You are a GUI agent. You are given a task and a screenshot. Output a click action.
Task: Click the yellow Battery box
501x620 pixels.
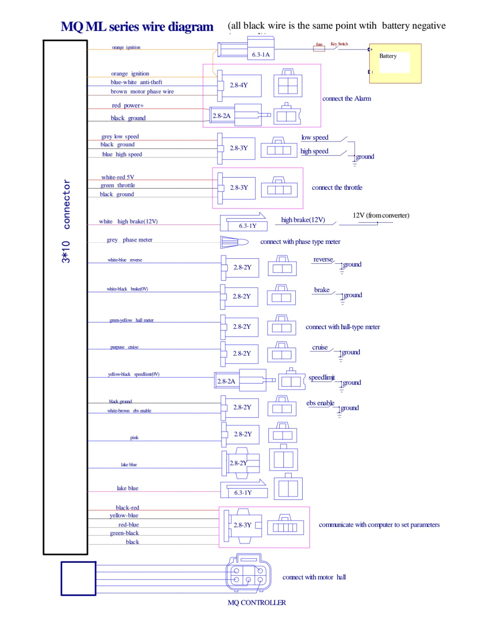(395, 63)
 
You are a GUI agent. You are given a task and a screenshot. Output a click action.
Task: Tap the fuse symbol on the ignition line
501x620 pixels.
(319, 48)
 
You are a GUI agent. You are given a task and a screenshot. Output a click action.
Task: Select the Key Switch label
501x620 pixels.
(339, 44)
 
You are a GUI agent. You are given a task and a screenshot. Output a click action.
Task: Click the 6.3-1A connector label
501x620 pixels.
(260, 54)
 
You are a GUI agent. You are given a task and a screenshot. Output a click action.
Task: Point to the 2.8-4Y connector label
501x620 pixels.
(239, 85)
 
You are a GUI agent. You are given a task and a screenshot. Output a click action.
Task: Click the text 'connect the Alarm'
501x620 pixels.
(347, 98)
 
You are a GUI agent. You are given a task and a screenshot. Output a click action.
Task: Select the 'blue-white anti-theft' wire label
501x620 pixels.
(136, 82)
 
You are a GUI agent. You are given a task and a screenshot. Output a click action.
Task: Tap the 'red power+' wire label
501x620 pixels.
(128, 106)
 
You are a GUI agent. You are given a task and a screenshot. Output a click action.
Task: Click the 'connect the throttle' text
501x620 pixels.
(337, 187)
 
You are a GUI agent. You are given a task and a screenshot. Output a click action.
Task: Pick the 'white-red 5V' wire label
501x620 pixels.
(118, 177)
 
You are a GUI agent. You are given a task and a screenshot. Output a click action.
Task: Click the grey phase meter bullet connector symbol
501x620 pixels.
(234, 242)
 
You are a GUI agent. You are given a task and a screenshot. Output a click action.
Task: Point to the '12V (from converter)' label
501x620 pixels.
(381, 215)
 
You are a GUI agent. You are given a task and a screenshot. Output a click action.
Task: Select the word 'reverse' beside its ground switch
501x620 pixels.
(323, 259)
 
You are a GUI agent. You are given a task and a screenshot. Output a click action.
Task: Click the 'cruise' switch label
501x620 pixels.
(320, 347)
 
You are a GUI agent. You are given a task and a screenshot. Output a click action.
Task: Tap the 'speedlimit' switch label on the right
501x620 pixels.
(321, 377)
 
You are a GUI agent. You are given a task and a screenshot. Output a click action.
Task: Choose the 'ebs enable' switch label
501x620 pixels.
(320, 403)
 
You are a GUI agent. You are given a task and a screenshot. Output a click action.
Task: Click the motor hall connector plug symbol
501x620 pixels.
(248, 575)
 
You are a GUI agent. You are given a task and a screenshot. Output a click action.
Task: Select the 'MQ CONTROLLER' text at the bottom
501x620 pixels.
(256, 602)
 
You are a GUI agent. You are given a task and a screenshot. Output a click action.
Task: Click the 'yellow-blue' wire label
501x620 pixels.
(124, 515)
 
